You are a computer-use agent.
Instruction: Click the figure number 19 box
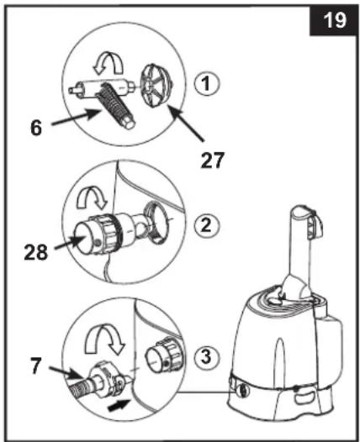[333, 20]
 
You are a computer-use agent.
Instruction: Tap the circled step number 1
[206, 84]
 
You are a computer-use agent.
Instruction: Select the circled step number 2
[206, 225]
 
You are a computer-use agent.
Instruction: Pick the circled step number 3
[206, 357]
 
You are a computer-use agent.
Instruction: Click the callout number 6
[36, 128]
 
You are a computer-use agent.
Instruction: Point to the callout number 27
[212, 160]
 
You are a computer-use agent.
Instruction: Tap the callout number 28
[36, 252]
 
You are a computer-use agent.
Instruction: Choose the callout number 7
[35, 366]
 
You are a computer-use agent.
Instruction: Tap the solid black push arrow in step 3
[119, 406]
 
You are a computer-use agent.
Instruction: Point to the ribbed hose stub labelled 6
[116, 106]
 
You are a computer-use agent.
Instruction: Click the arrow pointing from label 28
[69, 243]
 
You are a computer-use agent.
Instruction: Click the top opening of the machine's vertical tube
[299, 211]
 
